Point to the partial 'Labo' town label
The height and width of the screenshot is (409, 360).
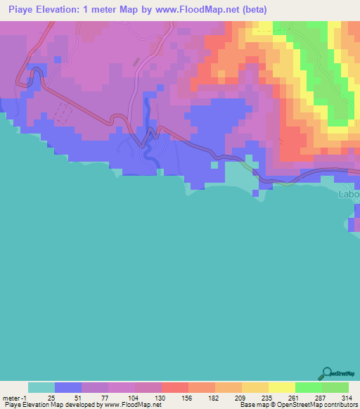pyautogui.click(x=349, y=194)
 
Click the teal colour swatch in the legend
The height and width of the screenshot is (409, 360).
pyautogui.click(x=41, y=387)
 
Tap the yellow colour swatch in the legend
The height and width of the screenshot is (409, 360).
pyautogui.click(x=282, y=387)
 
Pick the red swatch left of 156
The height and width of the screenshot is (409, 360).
pyautogui.click(x=174, y=387)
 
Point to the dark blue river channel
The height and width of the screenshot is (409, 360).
pyautogui.click(x=147, y=112)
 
